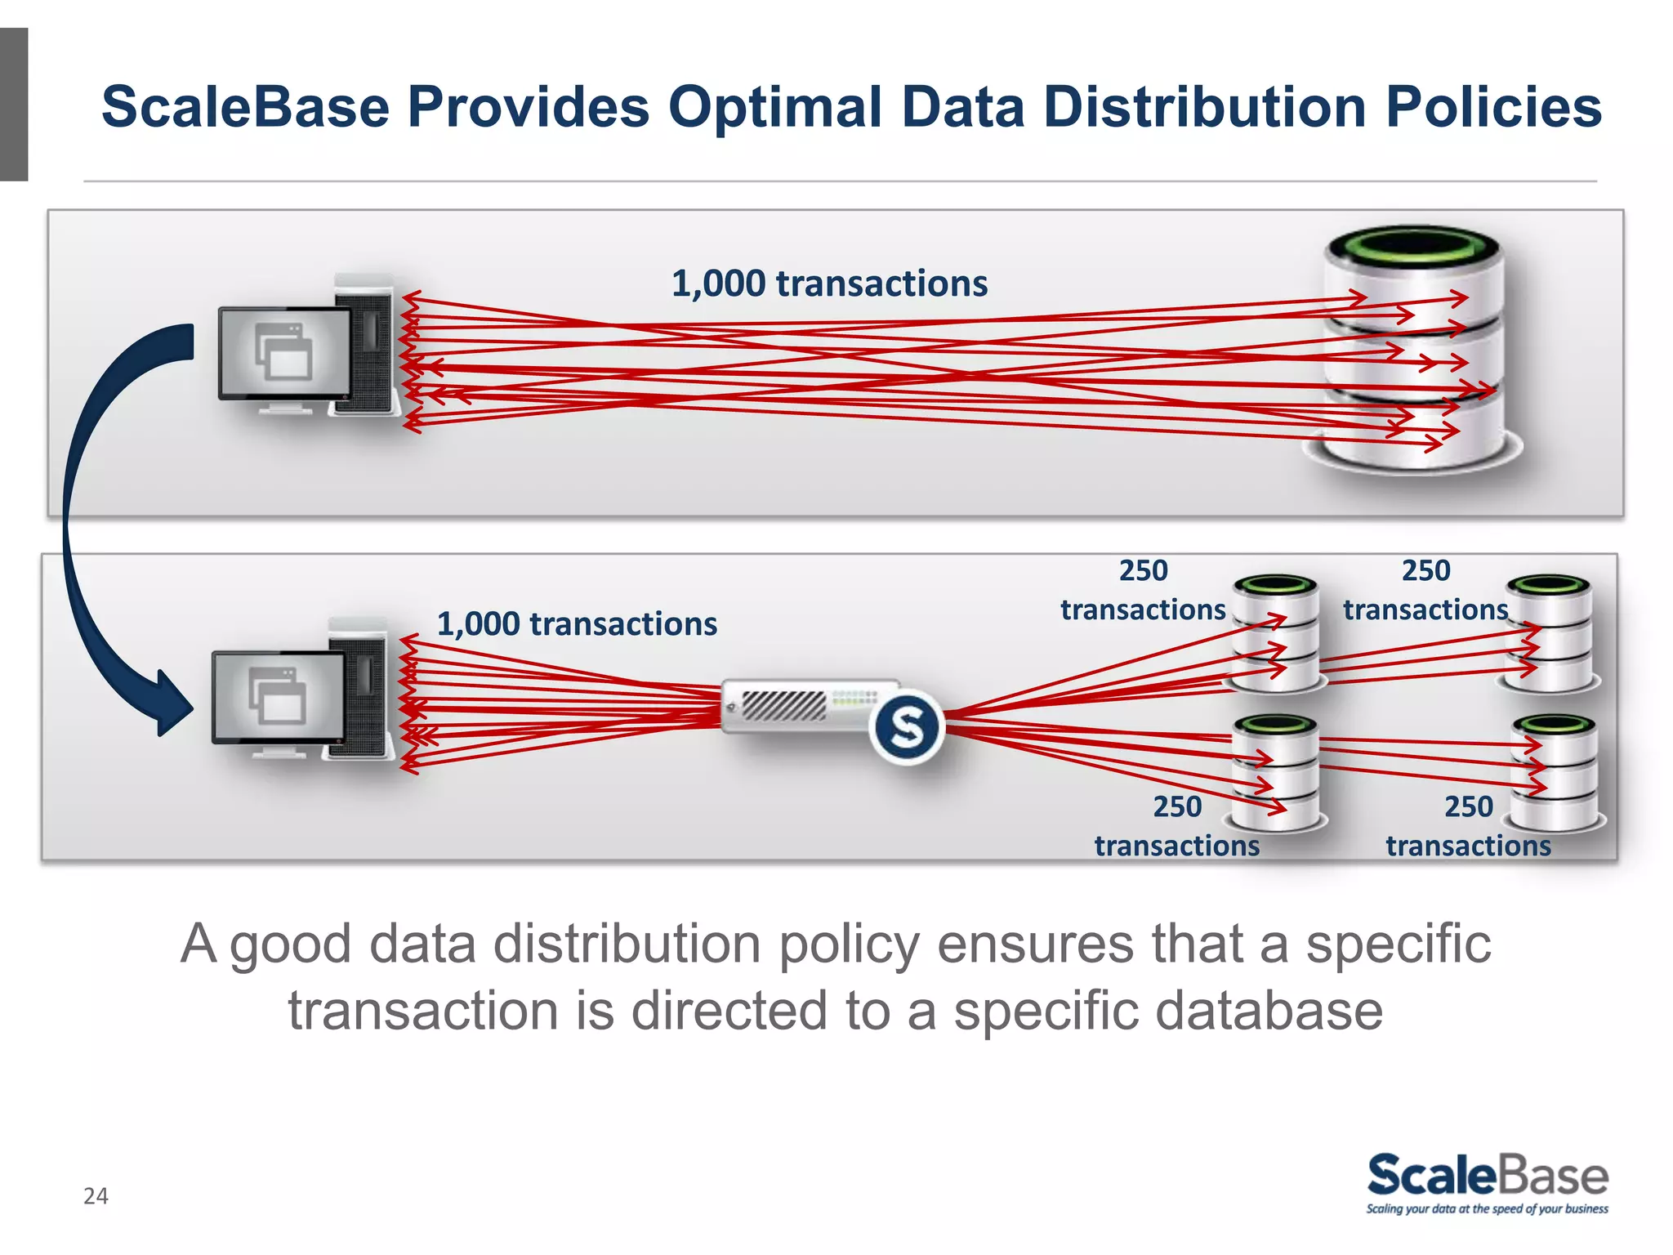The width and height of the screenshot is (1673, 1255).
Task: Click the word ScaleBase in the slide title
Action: tap(245, 107)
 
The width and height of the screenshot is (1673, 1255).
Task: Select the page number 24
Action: tap(96, 1196)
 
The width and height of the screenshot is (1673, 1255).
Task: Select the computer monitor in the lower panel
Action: tap(278, 697)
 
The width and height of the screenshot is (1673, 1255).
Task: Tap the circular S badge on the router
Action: tap(907, 726)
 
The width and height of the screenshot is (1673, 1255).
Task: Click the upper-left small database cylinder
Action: tap(1275, 633)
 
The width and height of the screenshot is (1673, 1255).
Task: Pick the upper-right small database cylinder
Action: tap(1550, 633)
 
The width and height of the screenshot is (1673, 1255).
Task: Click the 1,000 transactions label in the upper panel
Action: tap(829, 284)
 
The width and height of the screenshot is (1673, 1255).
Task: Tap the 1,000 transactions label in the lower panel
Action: tap(577, 624)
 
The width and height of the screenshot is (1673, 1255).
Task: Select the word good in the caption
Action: tap(290, 945)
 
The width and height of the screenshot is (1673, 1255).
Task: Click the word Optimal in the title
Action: tap(776, 107)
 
